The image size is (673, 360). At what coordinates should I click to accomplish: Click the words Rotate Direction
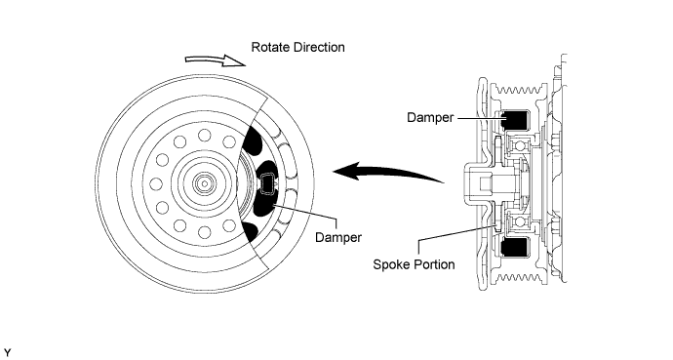tap(297, 47)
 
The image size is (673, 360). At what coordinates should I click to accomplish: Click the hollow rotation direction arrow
tap(215, 60)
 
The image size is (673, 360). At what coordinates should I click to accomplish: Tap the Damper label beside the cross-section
tap(430, 118)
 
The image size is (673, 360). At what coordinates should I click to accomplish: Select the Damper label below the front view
tap(338, 237)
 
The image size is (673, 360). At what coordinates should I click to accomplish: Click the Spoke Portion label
tap(414, 264)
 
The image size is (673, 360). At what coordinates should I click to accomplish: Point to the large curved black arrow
tap(386, 172)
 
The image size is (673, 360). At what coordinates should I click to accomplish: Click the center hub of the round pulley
tap(205, 183)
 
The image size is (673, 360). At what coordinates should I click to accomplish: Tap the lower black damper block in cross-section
tap(515, 248)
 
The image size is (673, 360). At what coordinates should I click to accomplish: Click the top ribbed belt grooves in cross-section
tap(519, 91)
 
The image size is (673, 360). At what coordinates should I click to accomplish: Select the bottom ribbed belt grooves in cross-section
tap(519, 278)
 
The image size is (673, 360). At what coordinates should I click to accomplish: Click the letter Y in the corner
tap(7, 353)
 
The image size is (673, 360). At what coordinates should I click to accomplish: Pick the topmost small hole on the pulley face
tap(205, 136)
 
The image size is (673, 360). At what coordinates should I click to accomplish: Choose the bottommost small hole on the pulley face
tap(205, 232)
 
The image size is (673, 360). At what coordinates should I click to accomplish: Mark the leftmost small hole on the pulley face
tap(156, 184)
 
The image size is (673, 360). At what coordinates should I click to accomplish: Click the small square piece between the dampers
tap(268, 183)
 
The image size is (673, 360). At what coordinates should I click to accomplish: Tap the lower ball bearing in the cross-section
tap(518, 221)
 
